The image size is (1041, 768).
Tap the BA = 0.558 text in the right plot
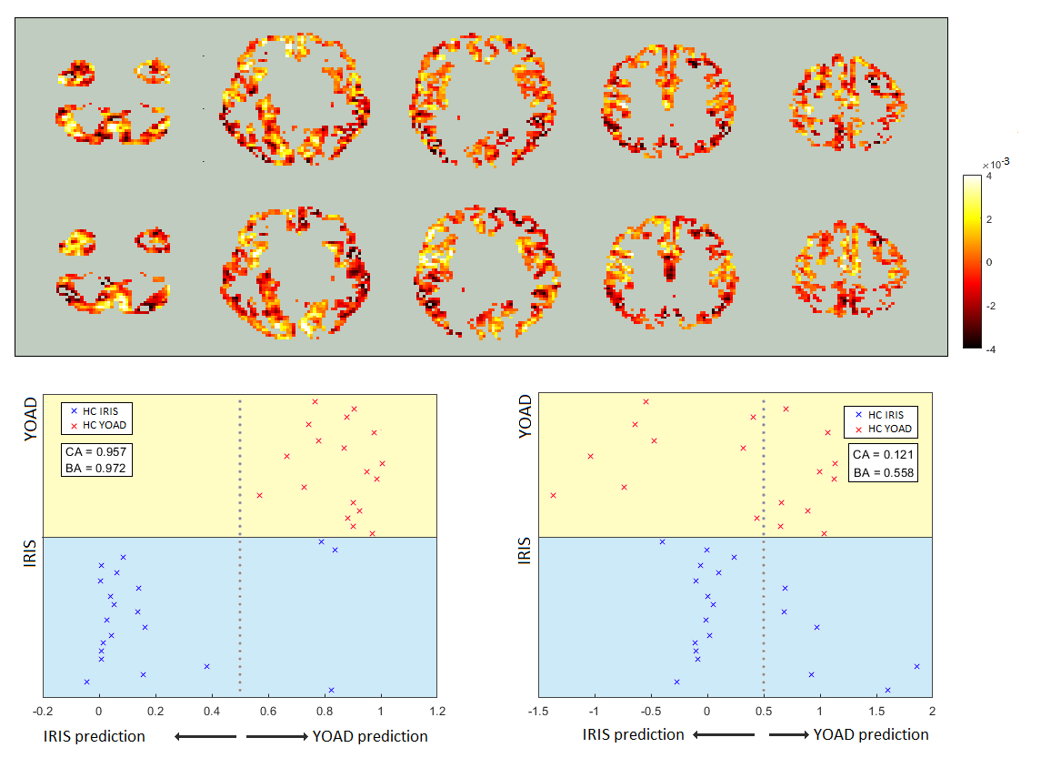tap(882, 472)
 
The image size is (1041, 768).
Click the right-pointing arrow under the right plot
tap(787, 734)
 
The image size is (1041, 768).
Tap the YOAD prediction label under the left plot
tap(370, 736)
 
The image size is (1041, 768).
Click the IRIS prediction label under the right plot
tap(633, 734)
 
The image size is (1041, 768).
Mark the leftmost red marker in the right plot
tap(553, 495)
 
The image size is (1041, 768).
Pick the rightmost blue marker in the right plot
tap(916, 666)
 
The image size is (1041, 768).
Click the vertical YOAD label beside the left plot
tap(30, 418)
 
